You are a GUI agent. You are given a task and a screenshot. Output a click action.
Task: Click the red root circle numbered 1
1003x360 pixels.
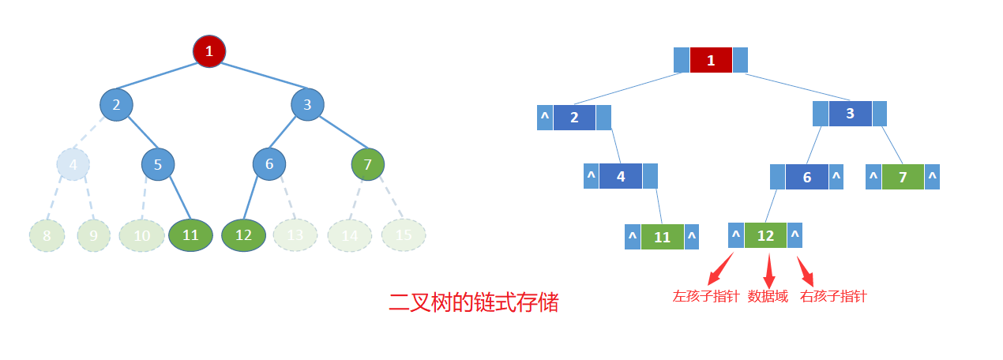point(209,51)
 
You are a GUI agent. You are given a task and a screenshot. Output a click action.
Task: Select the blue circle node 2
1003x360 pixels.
point(116,105)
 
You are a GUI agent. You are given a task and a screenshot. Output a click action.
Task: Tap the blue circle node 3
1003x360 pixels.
point(307,104)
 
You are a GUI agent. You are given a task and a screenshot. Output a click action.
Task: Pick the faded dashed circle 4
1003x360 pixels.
point(73,164)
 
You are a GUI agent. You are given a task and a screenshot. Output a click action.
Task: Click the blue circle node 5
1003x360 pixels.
point(158,164)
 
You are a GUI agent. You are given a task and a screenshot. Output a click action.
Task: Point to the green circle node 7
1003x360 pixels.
point(368,164)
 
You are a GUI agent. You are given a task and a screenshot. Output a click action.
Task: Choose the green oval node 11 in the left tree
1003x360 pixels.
point(190,235)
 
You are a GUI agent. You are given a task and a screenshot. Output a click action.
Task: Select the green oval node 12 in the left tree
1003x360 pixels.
point(243,235)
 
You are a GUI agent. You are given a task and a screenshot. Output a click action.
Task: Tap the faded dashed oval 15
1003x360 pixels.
point(403,234)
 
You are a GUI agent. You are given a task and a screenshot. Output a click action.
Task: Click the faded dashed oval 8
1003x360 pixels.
point(47,235)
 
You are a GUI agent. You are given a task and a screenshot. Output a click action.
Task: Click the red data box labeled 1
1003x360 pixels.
point(711,60)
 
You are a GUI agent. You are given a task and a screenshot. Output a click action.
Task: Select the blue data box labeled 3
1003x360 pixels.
point(850,114)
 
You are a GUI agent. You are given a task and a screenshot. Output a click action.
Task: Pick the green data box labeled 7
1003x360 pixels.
point(903,177)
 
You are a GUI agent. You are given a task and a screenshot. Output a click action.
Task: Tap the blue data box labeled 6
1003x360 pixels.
point(806,177)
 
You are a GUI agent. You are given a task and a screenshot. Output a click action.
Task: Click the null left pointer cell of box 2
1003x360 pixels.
point(544,118)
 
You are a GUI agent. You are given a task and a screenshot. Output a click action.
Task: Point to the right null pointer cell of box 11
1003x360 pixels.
point(692,237)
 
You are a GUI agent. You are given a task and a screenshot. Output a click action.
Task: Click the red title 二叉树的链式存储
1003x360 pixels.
point(474,302)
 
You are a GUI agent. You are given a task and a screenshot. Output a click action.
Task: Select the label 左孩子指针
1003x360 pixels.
point(706,297)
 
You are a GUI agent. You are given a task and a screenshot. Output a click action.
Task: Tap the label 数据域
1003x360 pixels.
point(768,297)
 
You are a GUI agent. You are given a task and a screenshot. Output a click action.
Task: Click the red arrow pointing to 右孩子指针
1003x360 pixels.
point(805,271)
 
